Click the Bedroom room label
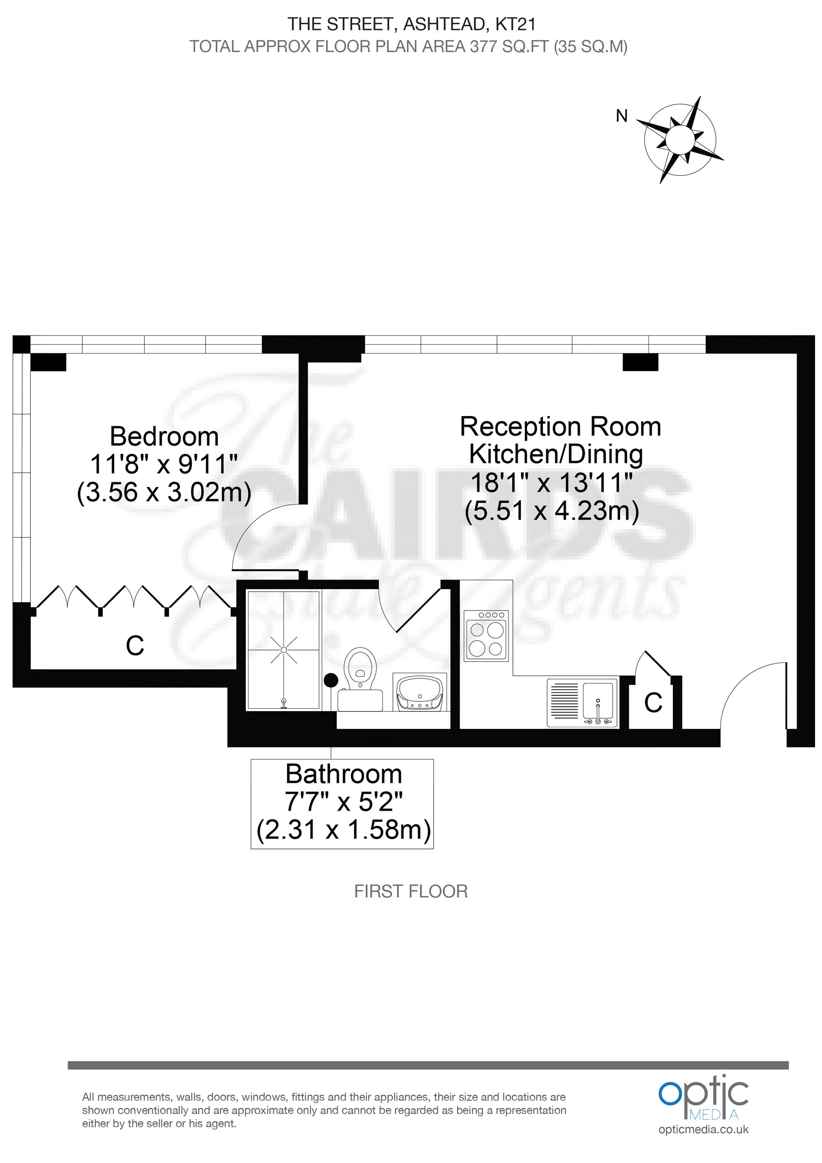164,436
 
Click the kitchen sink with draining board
582,703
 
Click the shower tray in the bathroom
284,650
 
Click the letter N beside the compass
621,116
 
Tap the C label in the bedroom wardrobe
135,645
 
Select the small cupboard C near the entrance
653,702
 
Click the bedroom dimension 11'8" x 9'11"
164,463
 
